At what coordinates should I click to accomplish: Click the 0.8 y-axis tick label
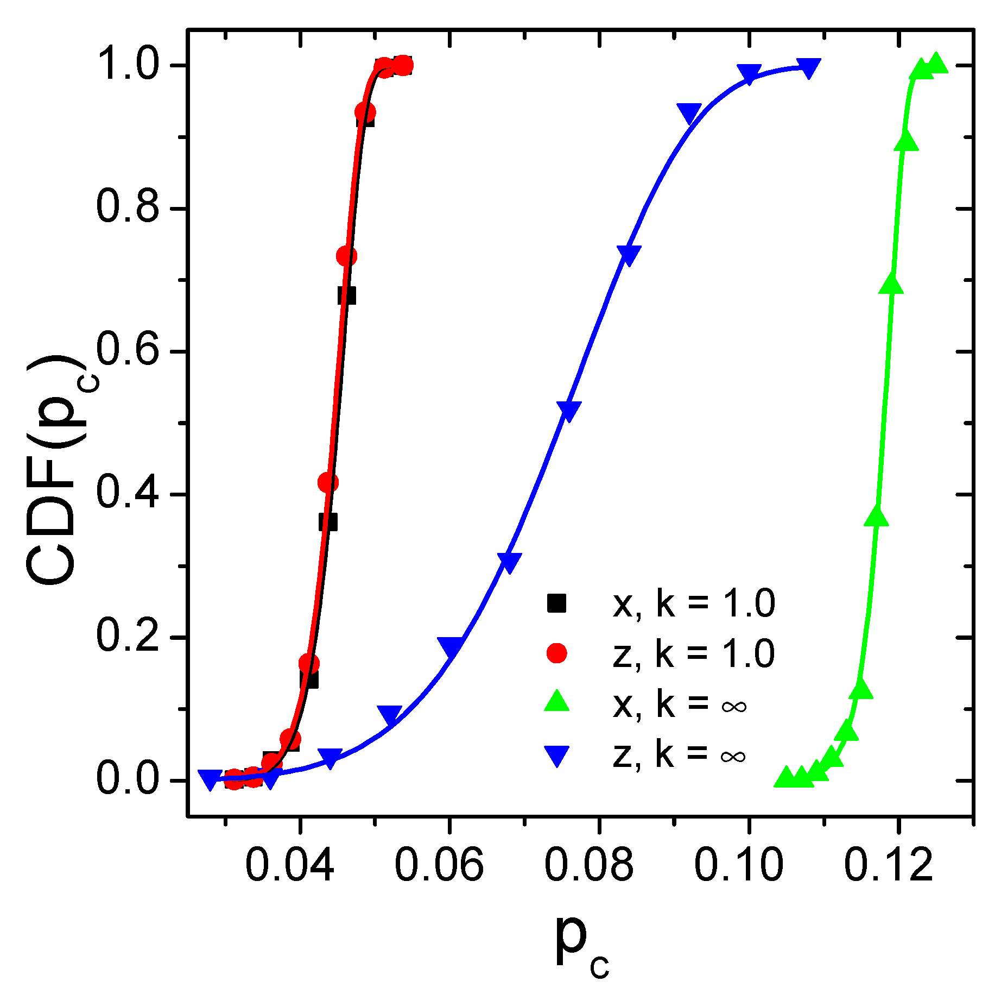pos(128,208)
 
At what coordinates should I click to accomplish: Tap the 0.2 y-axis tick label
pos(128,637)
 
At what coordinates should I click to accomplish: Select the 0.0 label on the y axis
pos(128,780)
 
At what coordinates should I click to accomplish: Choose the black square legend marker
pos(556,603)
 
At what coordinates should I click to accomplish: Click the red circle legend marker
pos(556,652)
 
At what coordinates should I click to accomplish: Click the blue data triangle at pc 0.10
pos(749,74)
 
